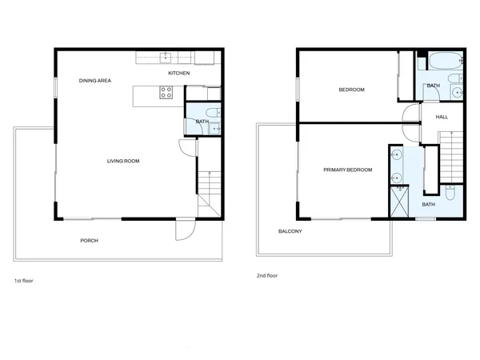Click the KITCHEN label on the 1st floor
tap(178, 74)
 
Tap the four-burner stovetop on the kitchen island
tap(166, 93)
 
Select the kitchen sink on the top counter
tap(166, 57)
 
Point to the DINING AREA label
tap(94, 81)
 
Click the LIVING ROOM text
tap(123, 161)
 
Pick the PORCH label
tap(89, 240)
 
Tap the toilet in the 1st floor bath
tap(212, 112)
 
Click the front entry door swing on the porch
tap(185, 230)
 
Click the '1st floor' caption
tap(23, 282)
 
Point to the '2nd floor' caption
tap(266, 275)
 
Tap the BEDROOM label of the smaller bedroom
tap(351, 90)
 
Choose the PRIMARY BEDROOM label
tap(347, 170)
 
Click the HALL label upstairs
tap(442, 117)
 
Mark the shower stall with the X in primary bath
tap(398, 201)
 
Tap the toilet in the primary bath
tap(450, 194)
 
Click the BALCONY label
tap(290, 231)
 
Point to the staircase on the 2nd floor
tap(452, 155)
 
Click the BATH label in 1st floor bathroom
tap(202, 122)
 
